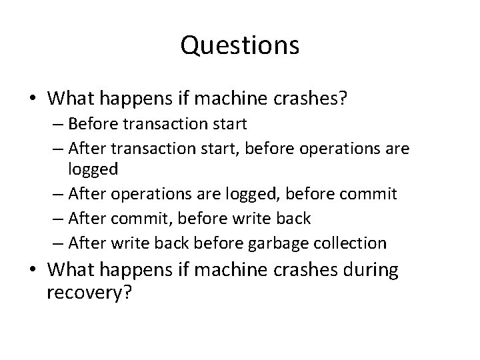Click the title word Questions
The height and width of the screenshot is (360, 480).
point(240,46)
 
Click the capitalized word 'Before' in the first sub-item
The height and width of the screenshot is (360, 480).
point(91,124)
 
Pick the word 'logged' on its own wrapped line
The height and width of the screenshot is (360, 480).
point(93,169)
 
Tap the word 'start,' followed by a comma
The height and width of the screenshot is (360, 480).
point(225,147)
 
